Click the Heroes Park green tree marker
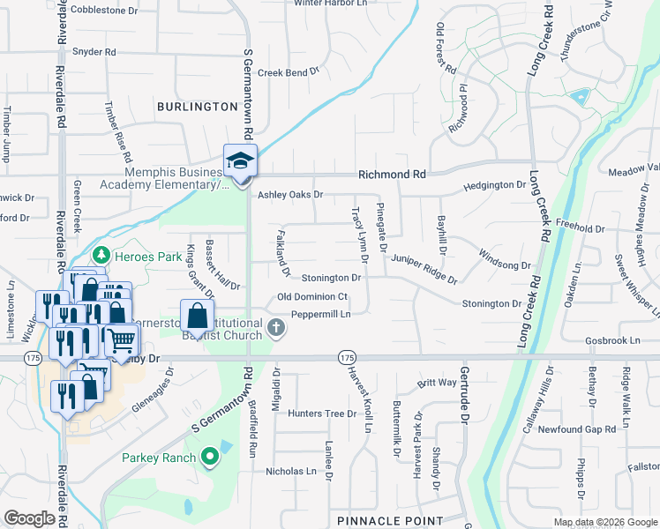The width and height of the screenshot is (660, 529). [x=101, y=255]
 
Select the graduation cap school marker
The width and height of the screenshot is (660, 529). [x=239, y=161]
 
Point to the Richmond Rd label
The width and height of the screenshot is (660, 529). [x=391, y=175]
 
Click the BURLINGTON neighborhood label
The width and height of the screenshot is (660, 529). [x=198, y=107]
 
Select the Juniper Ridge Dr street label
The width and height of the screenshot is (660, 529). [x=424, y=269]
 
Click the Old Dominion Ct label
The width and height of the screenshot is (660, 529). [x=312, y=297]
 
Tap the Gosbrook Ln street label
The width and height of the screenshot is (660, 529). [x=611, y=339]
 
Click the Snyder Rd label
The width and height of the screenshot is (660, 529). [x=94, y=52]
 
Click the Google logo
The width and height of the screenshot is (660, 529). [x=29, y=518]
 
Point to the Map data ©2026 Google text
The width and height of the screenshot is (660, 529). [x=604, y=522]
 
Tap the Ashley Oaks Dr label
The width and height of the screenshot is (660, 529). [x=290, y=194]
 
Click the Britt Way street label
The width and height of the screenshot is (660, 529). [x=437, y=383]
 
